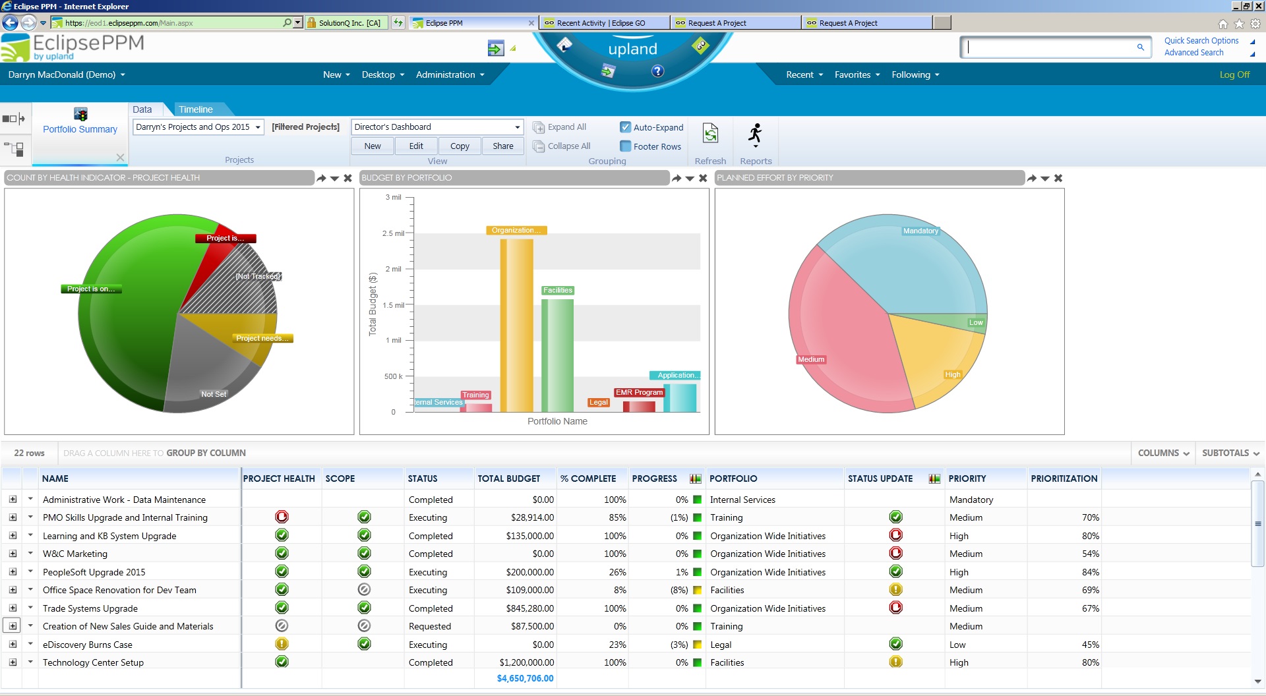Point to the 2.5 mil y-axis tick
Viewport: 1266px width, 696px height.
[393, 233]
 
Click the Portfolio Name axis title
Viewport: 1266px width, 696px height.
[557, 421]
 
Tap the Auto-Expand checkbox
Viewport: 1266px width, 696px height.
[625, 127]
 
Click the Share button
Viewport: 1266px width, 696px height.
[502, 146]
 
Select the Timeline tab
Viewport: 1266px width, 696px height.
[196, 109]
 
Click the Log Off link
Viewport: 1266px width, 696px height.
[1234, 74]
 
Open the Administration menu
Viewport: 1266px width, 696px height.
[450, 74]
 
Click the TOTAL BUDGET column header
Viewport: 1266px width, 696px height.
[508, 478]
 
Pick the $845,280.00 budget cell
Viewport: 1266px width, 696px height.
[529, 608]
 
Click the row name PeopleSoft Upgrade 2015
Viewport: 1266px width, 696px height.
[94, 572]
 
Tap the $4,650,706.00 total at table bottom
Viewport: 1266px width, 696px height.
[525, 678]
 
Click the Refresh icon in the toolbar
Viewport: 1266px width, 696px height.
[710, 134]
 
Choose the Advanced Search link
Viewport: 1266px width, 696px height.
[1193, 53]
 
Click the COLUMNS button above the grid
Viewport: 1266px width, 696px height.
[1163, 453]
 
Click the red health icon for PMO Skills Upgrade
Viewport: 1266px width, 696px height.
[282, 517]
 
